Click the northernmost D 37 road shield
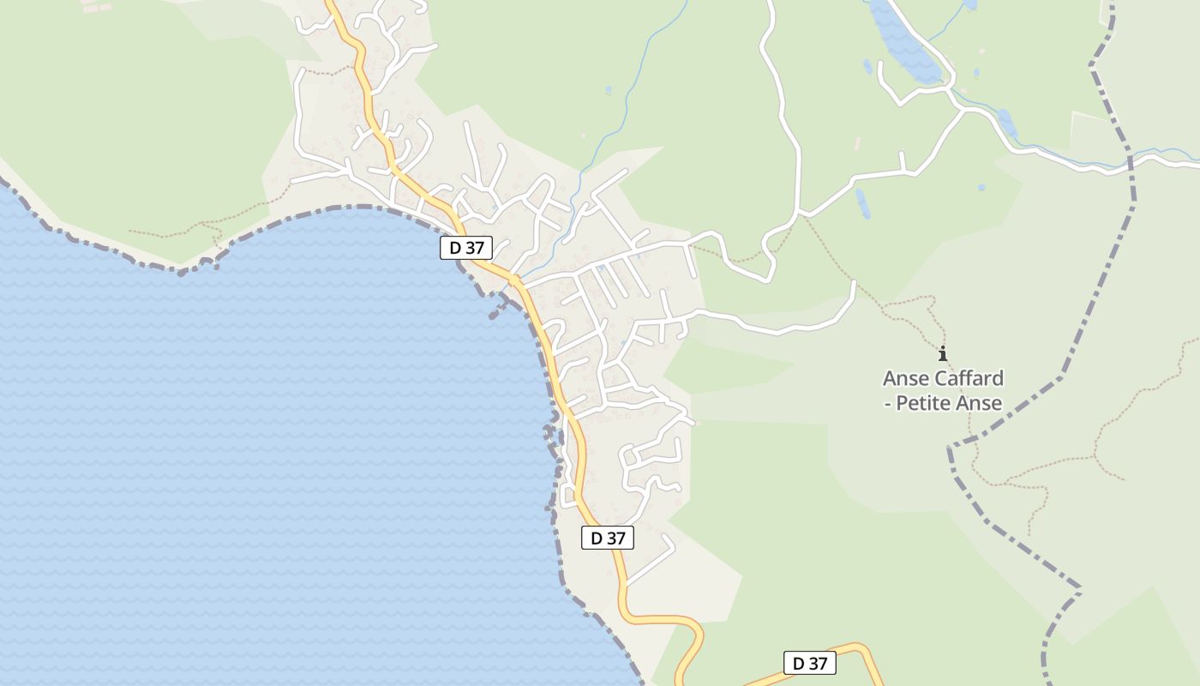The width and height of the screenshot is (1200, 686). pos(466,248)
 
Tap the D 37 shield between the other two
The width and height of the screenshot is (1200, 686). pos(607,538)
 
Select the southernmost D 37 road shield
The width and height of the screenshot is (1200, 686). pos(809,663)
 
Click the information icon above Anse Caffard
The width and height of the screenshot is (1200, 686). pos(943,353)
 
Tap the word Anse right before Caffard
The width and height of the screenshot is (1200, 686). pos(905,378)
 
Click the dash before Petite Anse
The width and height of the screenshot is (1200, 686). pos(888,403)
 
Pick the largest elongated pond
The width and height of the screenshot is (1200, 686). pos(904,43)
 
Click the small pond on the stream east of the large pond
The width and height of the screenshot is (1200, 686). pos(1007,124)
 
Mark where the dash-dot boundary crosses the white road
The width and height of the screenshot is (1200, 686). pos(1131,163)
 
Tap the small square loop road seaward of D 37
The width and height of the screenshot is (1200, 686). pos(567,495)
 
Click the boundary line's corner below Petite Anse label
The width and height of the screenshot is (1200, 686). pos(951,448)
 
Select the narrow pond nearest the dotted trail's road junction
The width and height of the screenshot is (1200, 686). pos(861,203)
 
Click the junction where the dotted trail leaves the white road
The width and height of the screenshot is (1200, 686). pos(800,214)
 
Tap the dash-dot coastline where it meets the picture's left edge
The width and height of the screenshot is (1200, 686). pos(2,181)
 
